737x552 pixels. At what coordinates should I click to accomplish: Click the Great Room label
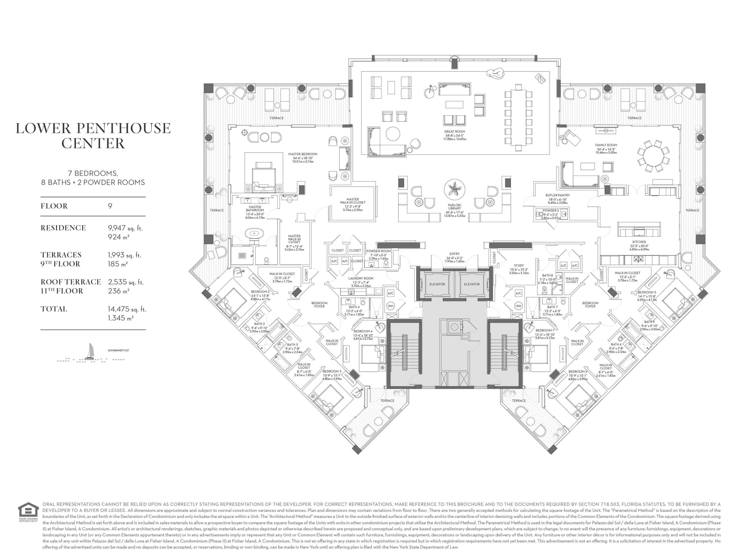(454, 132)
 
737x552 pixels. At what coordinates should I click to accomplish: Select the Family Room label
(606, 145)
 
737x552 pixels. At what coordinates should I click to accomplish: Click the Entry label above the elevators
(454, 254)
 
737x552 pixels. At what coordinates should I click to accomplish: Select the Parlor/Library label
(454, 206)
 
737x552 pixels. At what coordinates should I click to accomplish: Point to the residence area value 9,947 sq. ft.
(125, 228)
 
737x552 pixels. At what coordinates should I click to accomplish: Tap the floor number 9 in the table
(110, 206)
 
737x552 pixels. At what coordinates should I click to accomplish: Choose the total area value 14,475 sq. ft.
(127, 309)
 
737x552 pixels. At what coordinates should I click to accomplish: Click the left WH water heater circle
(390, 306)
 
